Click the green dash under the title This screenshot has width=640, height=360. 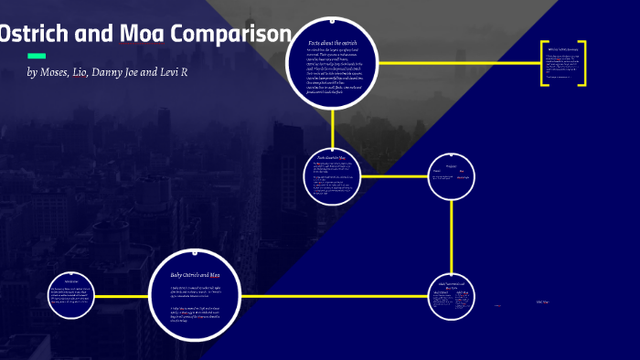(37, 56)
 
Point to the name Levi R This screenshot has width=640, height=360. (174, 72)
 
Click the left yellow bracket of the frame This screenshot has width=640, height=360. (543, 63)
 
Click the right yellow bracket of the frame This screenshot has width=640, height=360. (583, 63)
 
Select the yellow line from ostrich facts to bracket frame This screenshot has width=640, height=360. (457, 63)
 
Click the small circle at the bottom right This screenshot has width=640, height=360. (452, 298)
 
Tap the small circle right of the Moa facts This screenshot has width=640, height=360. (452, 176)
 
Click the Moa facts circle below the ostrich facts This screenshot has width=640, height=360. (332, 175)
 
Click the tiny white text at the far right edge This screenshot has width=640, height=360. (541, 301)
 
